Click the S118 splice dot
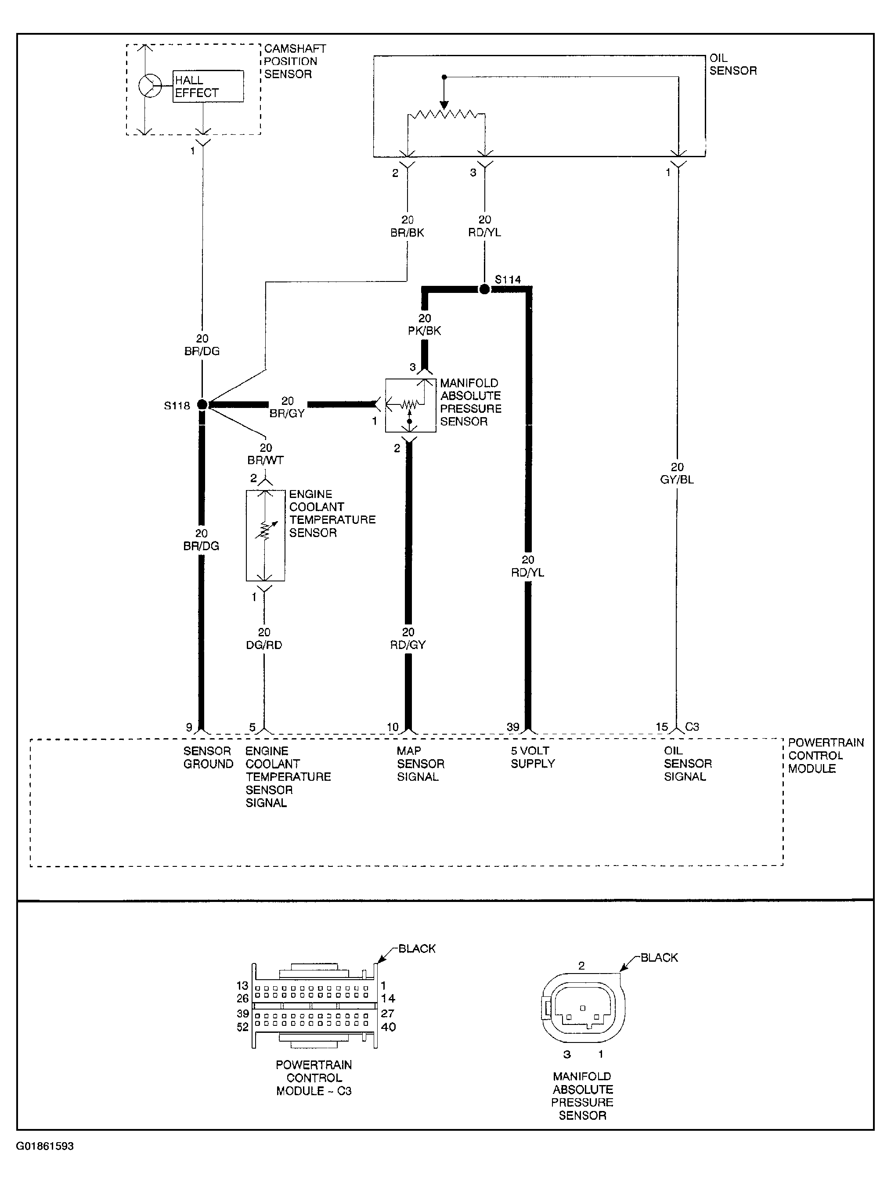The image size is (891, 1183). (x=202, y=405)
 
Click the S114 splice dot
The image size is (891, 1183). (x=484, y=289)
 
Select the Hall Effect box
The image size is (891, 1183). (x=208, y=86)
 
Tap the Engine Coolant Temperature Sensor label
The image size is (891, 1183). (x=332, y=513)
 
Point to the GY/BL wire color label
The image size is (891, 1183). (x=677, y=480)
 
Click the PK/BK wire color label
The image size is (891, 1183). (x=425, y=331)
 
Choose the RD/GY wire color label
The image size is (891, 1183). (x=408, y=645)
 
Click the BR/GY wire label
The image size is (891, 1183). (x=287, y=413)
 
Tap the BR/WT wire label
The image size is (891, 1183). (x=266, y=460)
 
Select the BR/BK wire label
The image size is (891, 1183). (x=408, y=233)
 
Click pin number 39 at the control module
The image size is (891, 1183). (x=513, y=727)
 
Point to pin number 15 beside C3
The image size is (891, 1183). (x=662, y=727)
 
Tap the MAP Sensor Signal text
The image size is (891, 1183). (x=420, y=764)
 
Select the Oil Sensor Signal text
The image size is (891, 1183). (x=688, y=764)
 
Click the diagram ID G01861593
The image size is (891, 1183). (x=45, y=1146)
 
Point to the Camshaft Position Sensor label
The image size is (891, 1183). (x=295, y=61)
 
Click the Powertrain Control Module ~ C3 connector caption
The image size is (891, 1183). (x=314, y=1078)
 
